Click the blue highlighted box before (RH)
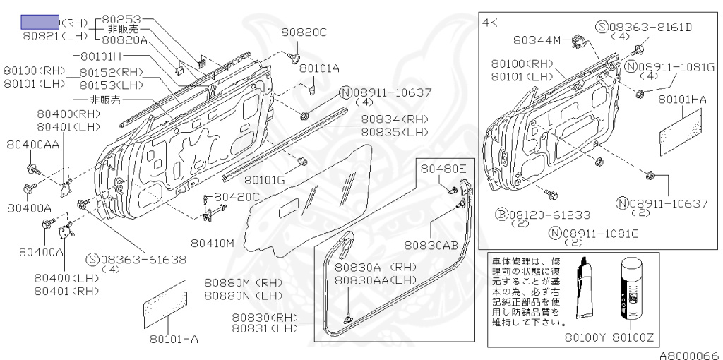tap(40, 22)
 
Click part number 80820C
tap(304, 32)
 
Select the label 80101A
tap(319, 68)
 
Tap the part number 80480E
tap(443, 169)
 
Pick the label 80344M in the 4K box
tap(538, 40)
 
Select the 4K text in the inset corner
tap(490, 23)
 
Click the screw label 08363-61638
tap(141, 258)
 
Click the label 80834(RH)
tap(394, 119)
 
